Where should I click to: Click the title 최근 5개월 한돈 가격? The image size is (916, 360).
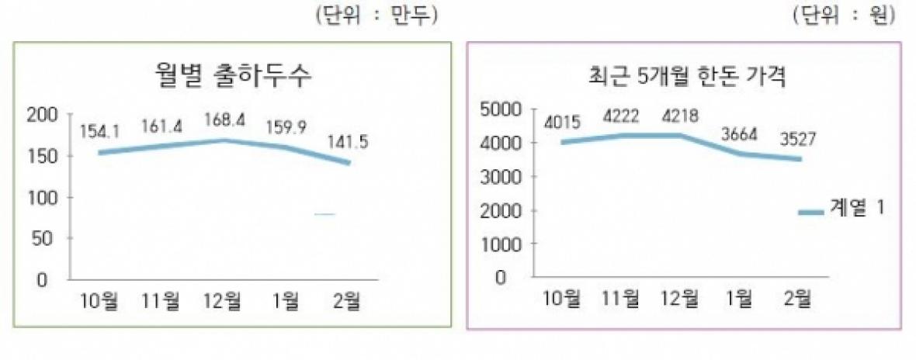[684, 76]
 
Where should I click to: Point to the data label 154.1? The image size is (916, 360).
[99, 130]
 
